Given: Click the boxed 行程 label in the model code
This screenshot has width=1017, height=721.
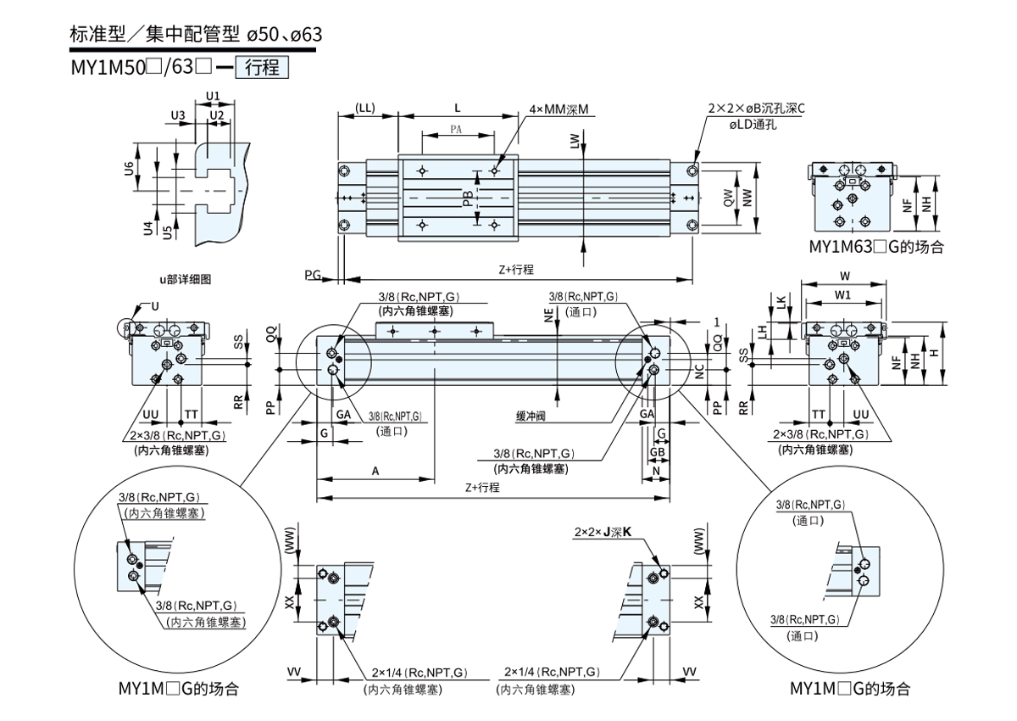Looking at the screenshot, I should coord(262,67).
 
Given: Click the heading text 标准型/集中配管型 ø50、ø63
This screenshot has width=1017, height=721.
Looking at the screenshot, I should coord(196,35).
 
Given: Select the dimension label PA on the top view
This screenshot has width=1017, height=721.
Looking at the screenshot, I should coord(456,130).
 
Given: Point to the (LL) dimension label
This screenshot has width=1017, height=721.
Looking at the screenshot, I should coord(365,108).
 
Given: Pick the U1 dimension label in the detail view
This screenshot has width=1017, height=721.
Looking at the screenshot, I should coord(213,95).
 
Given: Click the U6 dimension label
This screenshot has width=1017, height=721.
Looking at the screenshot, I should coord(129,169).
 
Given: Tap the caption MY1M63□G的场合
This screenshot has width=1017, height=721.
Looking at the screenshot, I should coord(876,248).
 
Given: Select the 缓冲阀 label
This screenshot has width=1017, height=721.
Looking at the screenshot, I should coord(531,416).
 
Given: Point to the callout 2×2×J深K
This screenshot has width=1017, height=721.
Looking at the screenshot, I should coord(603,532).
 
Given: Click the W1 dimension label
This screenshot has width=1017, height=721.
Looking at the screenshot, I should coord(842,295).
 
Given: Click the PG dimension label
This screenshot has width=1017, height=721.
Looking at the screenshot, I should coord(314,275).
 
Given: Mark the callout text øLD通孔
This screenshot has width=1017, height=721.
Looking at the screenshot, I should coord(753,124).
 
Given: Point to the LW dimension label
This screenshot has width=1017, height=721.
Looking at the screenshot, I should coord(575,142).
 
